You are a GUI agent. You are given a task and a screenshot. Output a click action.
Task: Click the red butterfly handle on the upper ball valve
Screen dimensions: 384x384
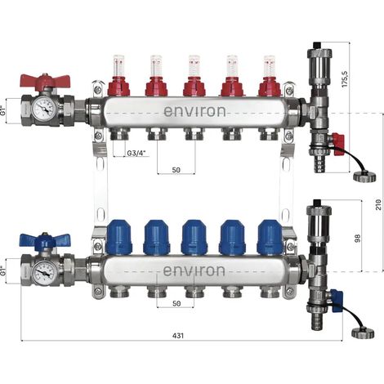point(45,80)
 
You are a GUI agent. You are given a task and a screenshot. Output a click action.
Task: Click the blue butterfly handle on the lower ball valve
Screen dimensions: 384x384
point(45,239)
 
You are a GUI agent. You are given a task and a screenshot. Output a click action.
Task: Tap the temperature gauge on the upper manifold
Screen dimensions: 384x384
point(43,109)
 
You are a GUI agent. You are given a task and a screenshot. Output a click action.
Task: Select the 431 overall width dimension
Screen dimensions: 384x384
point(178,336)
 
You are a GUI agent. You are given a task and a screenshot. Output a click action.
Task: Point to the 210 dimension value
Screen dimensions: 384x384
point(378,204)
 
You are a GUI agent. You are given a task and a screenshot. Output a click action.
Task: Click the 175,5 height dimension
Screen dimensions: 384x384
point(346,78)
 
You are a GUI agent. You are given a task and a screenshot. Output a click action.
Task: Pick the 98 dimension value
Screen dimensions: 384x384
point(357,238)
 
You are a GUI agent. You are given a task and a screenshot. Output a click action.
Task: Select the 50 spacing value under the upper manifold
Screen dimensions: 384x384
point(176,170)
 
